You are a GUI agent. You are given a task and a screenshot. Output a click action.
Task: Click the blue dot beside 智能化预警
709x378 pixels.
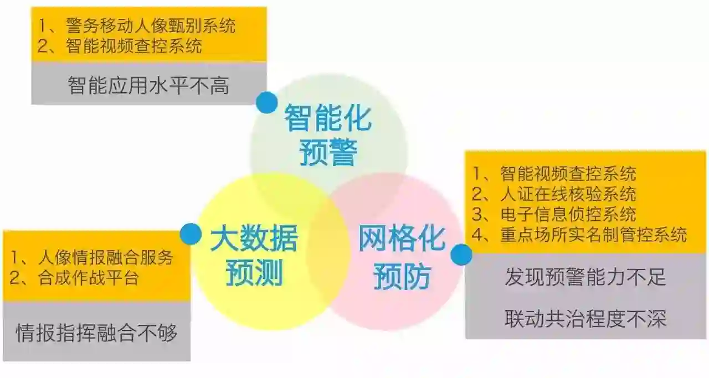pos(267,103)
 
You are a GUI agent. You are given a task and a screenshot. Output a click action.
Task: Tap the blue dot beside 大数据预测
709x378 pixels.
pos(191,234)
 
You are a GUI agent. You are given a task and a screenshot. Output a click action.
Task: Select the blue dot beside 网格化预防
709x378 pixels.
pos(461,255)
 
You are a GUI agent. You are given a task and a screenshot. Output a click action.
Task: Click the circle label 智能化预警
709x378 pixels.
pos(327,136)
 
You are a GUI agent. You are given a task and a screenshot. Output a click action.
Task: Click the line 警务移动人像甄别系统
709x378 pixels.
pos(150,25)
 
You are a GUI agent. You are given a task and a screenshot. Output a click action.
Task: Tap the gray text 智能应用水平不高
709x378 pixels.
pos(148,85)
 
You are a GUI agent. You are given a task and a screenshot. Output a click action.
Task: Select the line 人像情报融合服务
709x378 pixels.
pos(105,257)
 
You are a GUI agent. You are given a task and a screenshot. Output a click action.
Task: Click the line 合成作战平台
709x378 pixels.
pos(89,277)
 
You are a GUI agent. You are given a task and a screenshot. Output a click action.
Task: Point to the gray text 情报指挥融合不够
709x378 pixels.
pos(97,333)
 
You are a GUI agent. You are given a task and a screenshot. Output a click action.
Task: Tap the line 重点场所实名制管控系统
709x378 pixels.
pos(593,234)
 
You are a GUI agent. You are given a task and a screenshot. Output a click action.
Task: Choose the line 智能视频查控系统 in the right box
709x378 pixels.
pos(568,174)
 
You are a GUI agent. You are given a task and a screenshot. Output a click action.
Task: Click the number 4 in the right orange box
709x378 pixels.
pos(477,234)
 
